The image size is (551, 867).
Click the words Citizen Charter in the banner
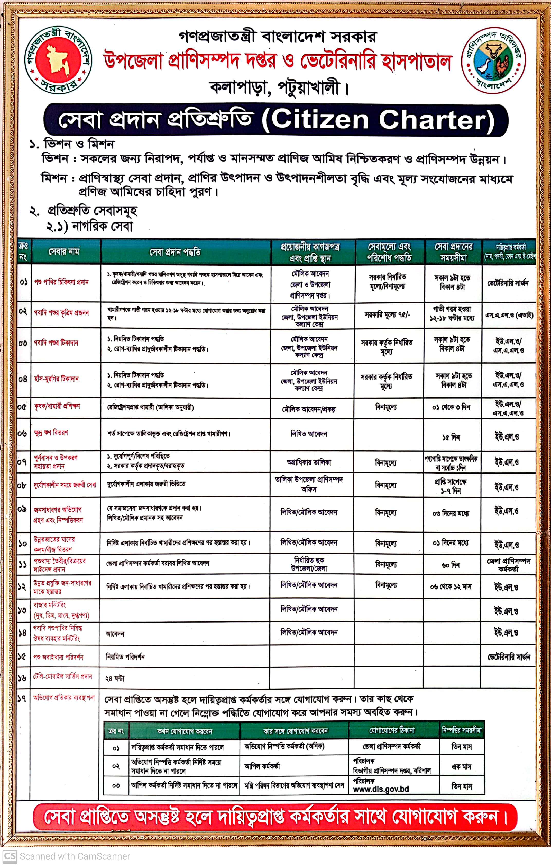(x=383, y=120)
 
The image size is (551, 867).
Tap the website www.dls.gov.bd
(x=381, y=789)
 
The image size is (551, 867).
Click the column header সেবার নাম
(x=64, y=251)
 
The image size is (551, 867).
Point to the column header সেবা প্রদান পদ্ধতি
(x=175, y=252)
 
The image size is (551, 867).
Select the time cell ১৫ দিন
(x=451, y=437)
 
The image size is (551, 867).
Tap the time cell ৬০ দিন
(x=451, y=565)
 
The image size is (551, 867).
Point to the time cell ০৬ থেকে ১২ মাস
(x=451, y=586)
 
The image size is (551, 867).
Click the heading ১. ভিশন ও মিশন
(x=72, y=144)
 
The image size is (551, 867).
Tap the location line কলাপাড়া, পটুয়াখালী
(x=275, y=87)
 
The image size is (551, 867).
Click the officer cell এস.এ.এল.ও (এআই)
(x=509, y=315)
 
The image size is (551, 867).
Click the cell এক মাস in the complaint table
(x=462, y=767)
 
